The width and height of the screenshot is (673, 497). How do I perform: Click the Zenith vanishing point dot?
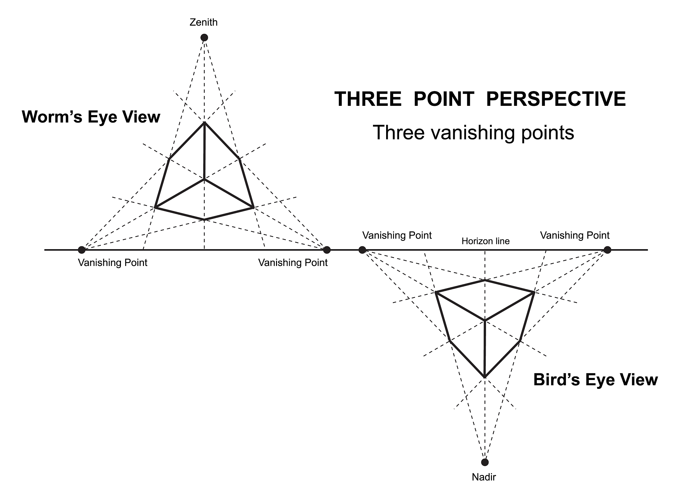point(204,38)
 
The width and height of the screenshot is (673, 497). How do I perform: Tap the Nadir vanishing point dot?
point(485,462)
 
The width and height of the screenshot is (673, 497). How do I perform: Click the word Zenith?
point(204,22)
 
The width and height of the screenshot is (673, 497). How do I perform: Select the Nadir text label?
point(484,477)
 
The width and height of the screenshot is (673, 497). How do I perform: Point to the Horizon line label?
point(485,241)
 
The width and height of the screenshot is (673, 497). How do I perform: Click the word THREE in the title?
point(368,99)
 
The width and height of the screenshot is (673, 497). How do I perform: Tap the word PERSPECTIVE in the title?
point(556,99)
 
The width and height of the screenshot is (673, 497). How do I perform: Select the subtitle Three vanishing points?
point(474,133)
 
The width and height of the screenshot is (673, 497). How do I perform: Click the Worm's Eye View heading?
point(91,117)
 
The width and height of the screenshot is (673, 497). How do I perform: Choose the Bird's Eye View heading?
point(595,380)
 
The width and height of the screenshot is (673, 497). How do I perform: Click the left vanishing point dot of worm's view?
point(81,250)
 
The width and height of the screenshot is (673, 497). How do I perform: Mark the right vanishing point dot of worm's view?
point(327,250)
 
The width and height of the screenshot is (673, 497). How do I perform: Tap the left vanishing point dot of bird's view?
point(362,250)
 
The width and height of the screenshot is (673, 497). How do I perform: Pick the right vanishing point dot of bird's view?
point(607,250)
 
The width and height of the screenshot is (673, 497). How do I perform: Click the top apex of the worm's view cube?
point(204,122)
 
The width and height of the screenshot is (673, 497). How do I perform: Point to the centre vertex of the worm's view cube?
point(204,179)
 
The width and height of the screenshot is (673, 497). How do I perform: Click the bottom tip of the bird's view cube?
point(485,377)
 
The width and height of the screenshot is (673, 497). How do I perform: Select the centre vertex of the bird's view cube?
point(485,320)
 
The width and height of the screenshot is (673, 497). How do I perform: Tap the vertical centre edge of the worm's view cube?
point(204,151)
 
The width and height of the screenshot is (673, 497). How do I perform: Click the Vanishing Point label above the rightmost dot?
point(575,235)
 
